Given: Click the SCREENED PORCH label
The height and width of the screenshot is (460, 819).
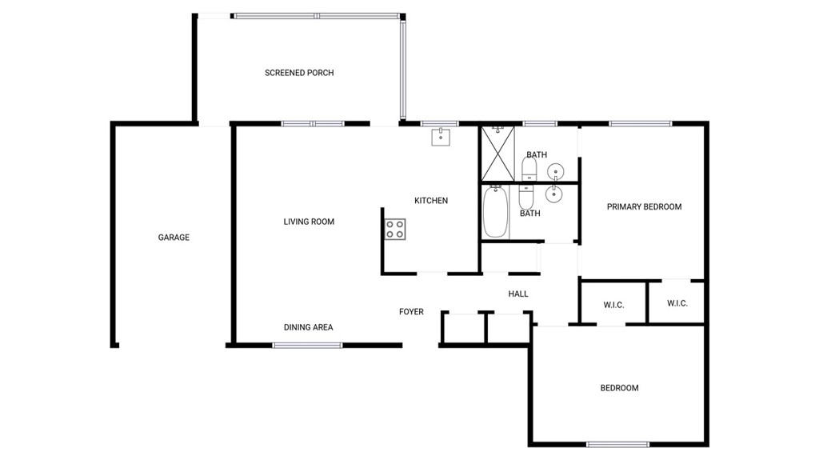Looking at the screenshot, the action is click(x=299, y=73).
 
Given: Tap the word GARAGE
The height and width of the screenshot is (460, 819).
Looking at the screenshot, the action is click(x=174, y=238).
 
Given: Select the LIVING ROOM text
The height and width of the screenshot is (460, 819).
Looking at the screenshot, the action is click(x=309, y=222).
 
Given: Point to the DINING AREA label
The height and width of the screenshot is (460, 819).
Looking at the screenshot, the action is click(x=308, y=327).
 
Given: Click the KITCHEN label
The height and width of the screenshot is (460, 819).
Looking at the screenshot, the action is click(x=431, y=200).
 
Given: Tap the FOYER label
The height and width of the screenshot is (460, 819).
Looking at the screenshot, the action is click(x=411, y=311).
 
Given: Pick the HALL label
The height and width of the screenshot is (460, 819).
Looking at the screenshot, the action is click(x=518, y=294).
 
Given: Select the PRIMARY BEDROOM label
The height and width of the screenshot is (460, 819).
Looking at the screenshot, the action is click(x=644, y=206).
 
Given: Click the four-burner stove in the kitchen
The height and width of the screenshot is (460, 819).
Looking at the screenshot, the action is click(x=395, y=230).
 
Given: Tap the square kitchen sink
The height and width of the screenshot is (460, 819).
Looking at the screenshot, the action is click(x=441, y=137).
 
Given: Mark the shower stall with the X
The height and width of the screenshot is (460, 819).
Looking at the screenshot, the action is click(x=497, y=154).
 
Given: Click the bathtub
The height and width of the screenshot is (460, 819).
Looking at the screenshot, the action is click(x=494, y=212).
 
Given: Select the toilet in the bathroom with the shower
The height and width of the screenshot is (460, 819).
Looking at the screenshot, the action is click(x=529, y=168).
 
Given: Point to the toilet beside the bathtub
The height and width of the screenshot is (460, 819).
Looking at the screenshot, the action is click(x=526, y=197).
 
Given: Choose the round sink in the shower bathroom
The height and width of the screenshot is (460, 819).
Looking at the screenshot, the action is click(x=555, y=170).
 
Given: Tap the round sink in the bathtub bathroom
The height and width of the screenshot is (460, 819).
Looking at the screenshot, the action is click(x=553, y=194).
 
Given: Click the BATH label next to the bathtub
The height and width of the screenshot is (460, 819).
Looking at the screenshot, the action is click(x=529, y=214).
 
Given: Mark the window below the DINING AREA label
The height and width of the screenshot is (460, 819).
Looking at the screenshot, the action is click(x=308, y=345).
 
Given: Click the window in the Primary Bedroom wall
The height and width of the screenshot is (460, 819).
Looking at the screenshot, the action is click(x=641, y=124).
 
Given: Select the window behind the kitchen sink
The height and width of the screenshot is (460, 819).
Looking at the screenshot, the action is click(x=439, y=124).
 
